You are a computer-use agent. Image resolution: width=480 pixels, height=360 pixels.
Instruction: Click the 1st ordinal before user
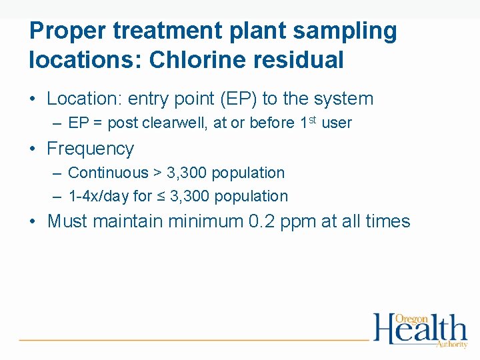point(307,122)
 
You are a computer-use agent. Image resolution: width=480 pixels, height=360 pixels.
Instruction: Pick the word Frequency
point(90,149)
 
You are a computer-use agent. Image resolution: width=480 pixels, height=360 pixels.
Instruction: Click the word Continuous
point(108,173)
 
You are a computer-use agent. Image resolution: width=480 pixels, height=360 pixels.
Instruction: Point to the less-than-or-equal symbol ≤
point(161,197)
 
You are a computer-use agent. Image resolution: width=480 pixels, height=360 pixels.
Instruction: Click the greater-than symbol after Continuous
point(157,173)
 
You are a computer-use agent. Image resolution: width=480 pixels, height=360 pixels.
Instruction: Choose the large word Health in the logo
point(419,331)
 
